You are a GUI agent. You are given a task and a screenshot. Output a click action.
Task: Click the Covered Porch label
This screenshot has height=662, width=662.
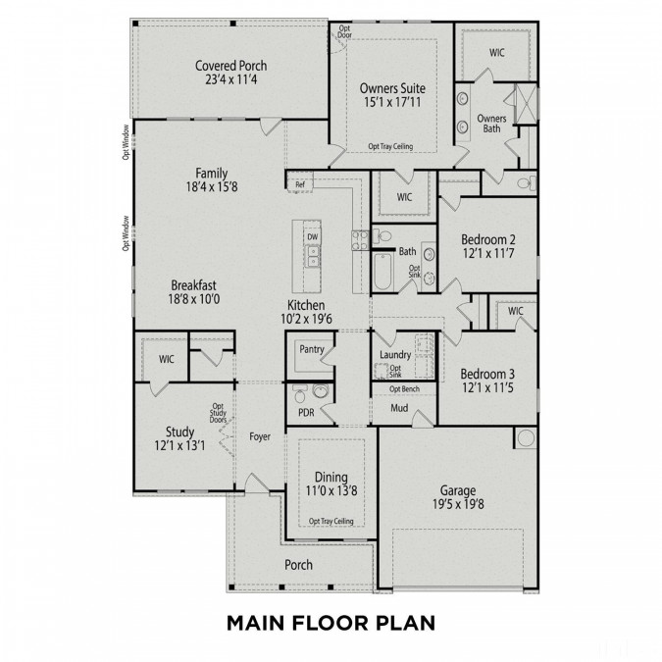[230, 66]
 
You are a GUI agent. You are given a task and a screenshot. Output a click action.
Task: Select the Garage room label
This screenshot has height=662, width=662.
[451, 490]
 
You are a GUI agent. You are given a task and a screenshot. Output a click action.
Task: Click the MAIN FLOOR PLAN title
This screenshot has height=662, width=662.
[331, 622]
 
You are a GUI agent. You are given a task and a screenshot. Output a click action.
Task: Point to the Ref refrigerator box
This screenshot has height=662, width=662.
[298, 181]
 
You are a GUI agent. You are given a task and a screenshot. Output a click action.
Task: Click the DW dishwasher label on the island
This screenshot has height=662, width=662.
[312, 237]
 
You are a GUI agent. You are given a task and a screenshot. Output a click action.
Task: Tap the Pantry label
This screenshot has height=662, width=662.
[311, 348]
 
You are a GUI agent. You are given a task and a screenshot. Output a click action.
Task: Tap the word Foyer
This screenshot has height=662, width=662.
[260, 436]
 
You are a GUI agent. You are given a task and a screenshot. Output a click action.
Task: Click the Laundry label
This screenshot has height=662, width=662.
[394, 354]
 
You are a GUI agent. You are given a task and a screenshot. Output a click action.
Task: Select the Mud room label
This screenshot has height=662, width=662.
[399, 407]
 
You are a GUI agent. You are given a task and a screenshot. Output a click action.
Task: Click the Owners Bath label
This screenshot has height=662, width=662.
[491, 124]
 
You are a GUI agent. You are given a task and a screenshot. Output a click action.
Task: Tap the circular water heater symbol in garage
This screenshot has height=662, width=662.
[524, 439]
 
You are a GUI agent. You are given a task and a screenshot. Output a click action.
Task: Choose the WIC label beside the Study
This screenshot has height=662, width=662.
[166, 359]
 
